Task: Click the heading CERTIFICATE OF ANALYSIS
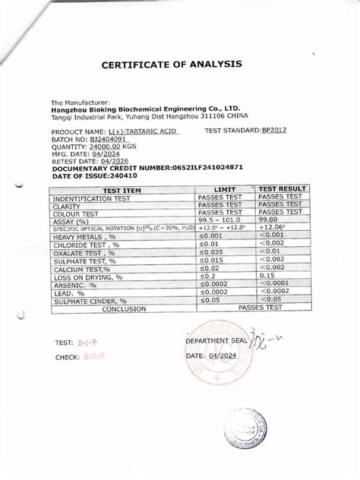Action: pyautogui.click(x=172, y=65)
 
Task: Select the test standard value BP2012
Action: pyautogui.click(x=276, y=131)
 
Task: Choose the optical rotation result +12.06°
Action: pyautogui.click(x=273, y=227)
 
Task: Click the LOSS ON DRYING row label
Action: pyautogui.click(x=87, y=277)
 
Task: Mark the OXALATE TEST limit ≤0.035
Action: pyautogui.click(x=210, y=252)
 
